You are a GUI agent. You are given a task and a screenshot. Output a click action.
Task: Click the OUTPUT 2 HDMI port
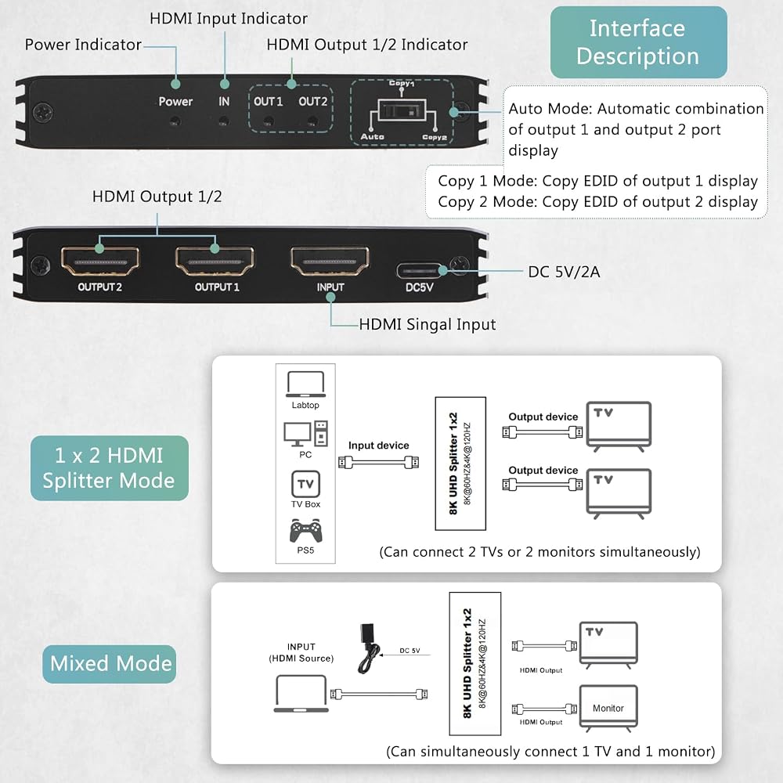coord(100,262)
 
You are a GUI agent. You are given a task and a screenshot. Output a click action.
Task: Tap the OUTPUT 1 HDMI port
coord(215,262)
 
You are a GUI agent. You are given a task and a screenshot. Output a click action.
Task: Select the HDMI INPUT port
coord(330,262)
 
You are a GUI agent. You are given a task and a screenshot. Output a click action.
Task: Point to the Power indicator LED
coord(175,121)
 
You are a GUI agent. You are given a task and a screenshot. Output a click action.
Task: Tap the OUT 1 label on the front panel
coord(268,101)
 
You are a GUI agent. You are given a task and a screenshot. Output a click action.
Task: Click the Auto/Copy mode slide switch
coord(402,110)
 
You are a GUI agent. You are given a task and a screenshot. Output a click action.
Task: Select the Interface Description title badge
coord(639,42)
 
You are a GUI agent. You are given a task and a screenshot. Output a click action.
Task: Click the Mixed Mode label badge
coord(110,664)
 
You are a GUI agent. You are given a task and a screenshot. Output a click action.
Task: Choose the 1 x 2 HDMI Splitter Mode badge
coord(110,468)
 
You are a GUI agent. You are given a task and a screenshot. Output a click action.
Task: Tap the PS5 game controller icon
coord(305,531)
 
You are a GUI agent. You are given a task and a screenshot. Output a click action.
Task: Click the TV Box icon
coord(305,484)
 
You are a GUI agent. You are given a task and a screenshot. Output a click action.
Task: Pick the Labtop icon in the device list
coord(305,384)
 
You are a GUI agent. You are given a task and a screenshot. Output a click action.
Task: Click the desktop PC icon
coord(305,434)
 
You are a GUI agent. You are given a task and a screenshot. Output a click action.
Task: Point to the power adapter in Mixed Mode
coord(369,648)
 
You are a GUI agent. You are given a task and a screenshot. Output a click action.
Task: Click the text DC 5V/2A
coord(565,272)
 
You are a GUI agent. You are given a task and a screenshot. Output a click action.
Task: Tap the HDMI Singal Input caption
coord(428,325)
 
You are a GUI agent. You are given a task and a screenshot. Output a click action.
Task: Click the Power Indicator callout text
coord(83,45)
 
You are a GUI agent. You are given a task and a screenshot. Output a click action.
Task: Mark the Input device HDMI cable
coord(378,463)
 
